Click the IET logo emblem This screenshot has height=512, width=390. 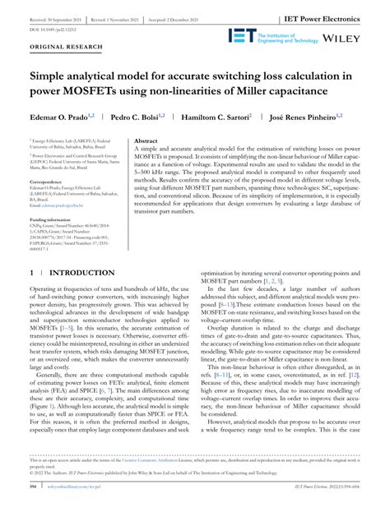tap(244, 36)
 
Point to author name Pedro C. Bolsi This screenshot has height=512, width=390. tap(138, 118)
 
